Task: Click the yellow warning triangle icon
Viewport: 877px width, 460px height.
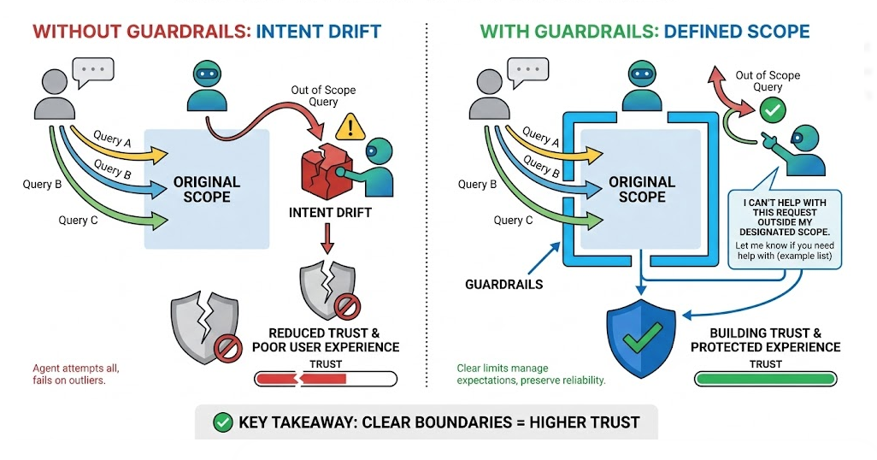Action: [x=350, y=128]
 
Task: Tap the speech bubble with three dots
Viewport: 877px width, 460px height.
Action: [x=91, y=71]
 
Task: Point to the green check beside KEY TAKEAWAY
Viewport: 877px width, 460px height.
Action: [x=221, y=422]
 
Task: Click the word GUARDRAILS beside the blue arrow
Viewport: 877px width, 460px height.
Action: [x=503, y=284]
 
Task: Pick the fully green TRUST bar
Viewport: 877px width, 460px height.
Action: [x=764, y=379]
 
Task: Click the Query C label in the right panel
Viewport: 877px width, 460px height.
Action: [x=514, y=220]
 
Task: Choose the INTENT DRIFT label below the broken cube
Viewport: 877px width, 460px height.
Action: [x=330, y=212]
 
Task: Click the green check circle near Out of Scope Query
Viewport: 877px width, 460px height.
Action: [x=773, y=110]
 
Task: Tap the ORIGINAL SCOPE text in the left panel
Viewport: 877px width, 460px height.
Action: [x=207, y=189]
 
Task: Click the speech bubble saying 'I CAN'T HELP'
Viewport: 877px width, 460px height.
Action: [x=786, y=226]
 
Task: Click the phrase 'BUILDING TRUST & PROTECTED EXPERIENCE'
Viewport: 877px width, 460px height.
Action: [x=765, y=340]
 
